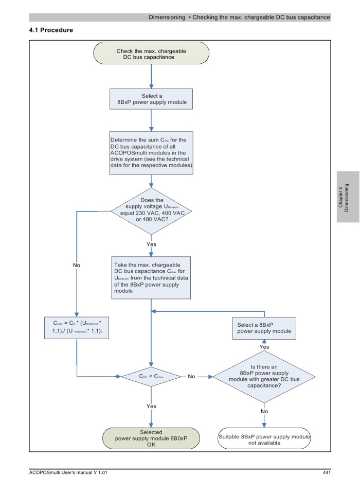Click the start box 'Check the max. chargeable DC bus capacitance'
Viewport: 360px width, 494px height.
point(151,54)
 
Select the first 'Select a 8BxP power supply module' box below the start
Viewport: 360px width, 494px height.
point(151,99)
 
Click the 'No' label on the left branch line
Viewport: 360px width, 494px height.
point(77,265)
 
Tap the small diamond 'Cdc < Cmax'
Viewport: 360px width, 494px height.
point(151,377)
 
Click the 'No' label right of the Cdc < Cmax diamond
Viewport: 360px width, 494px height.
point(192,377)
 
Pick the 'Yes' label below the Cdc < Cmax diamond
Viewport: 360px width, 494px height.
point(151,406)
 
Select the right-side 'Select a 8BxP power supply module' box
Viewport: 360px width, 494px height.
point(264,328)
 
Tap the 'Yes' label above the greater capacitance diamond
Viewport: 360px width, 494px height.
point(264,347)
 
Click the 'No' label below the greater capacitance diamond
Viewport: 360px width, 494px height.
point(264,411)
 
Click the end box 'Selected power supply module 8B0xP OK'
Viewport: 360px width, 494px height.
point(151,438)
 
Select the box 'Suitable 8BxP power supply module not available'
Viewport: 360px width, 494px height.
point(264,439)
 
